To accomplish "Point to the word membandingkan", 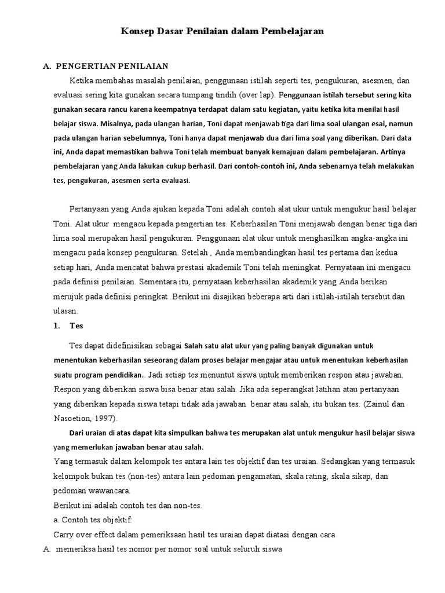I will point(266,253).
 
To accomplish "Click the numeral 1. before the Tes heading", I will point(57,325).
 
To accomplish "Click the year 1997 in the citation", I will point(101,418).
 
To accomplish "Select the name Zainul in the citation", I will point(384,404).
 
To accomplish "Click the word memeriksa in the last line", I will point(76,549).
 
